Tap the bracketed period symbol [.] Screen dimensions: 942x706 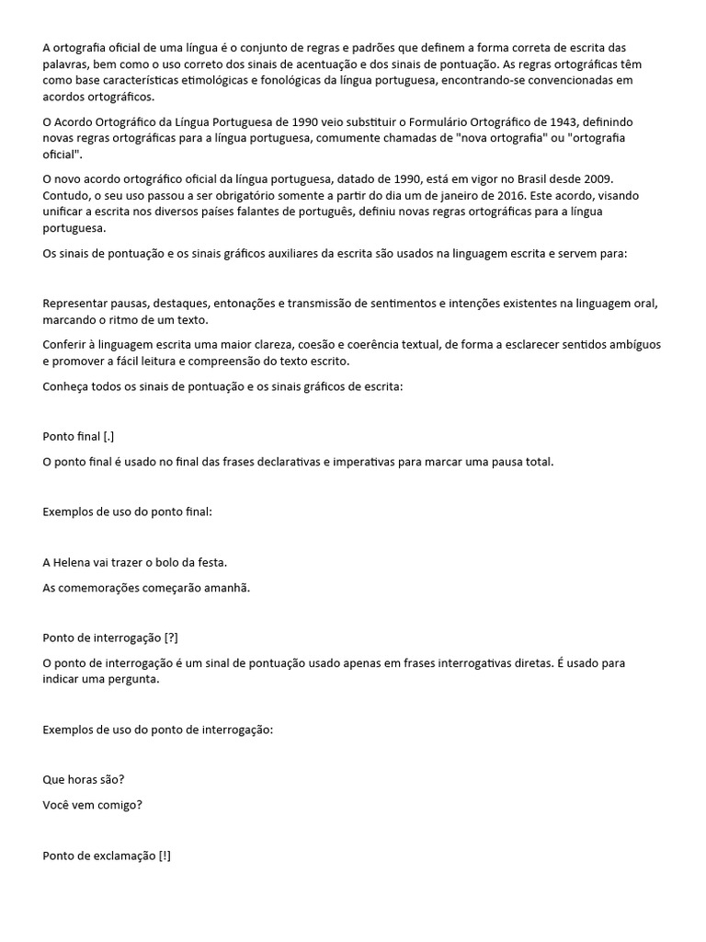click(x=108, y=436)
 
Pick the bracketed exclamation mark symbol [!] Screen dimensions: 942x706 click(x=164, y=856)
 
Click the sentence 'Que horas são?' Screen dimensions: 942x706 click(x=84, y=779)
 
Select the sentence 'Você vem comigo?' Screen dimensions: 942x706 click(x=93, y=805)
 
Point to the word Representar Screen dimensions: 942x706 click(x=77, y=304)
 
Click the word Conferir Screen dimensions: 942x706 click(x=65, y=345)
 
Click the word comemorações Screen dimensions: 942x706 click(x=106, y=588)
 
